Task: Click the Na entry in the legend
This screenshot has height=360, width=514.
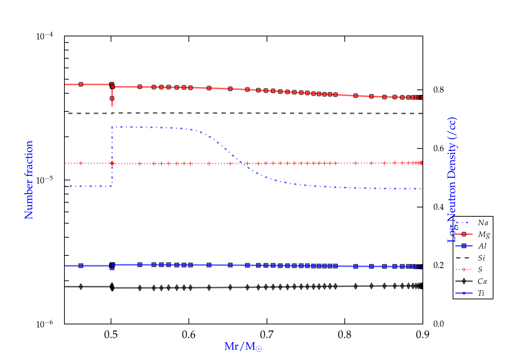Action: (x=483, y=223)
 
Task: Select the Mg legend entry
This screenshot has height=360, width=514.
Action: (x=484, y=235)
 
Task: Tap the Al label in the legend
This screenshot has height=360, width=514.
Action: (x=482, y=246)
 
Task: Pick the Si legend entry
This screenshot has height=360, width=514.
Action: (x=481, y=258)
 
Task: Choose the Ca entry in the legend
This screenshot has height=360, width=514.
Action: (x=482, y=281)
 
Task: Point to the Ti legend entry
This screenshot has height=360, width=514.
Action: (x=481, y=293)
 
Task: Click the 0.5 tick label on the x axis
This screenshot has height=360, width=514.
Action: (x=111, y=335)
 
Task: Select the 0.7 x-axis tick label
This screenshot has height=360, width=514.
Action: (x=267, y=335)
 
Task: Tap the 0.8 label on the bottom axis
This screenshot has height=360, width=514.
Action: (x=345, y=335)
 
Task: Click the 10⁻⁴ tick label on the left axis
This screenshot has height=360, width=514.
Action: (x=45, y=36)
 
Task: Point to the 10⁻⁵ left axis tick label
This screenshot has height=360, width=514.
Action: (x=45, y=180)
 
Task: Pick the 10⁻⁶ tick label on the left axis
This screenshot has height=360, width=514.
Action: (x=45, y=324)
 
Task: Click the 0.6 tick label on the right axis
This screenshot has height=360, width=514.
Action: (x=439, y=148)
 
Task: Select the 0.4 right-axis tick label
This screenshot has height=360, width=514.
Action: (x=439, y=207)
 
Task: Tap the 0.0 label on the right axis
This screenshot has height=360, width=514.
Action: (x=439, y=324)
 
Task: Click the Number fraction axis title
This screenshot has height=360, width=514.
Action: (x=29, y=180)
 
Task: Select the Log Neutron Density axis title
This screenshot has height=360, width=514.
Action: (x=452, y=180)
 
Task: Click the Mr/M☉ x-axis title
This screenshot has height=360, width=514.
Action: (x=243, y=347)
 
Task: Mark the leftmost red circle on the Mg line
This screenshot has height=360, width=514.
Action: (x=81, y=84)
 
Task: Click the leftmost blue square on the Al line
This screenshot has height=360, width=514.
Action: (x=81, y=266)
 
